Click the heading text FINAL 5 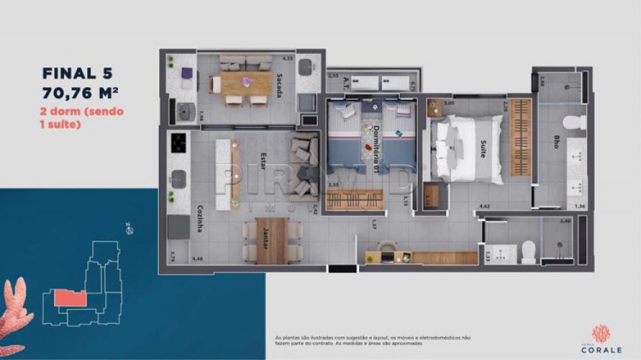78,72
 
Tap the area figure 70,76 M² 83,92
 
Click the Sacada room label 279,85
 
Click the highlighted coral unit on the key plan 69,298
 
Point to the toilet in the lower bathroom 529,251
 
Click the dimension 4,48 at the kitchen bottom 196,259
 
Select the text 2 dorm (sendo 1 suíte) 82,118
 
